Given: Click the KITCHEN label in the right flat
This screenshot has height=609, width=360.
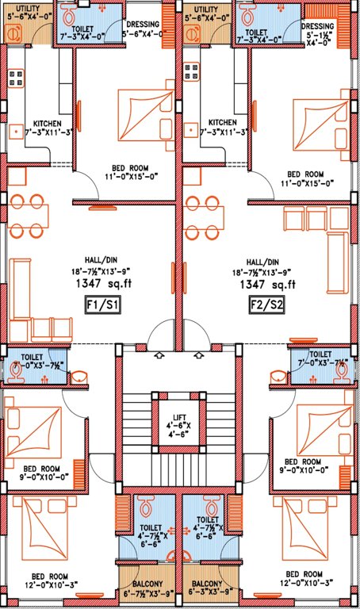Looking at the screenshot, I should point(222,123).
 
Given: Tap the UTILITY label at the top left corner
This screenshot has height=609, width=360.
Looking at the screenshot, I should point(28,7).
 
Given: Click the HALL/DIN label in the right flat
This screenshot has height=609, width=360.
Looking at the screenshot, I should point(262,262).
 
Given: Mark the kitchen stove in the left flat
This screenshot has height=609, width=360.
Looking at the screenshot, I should point(15,77).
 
